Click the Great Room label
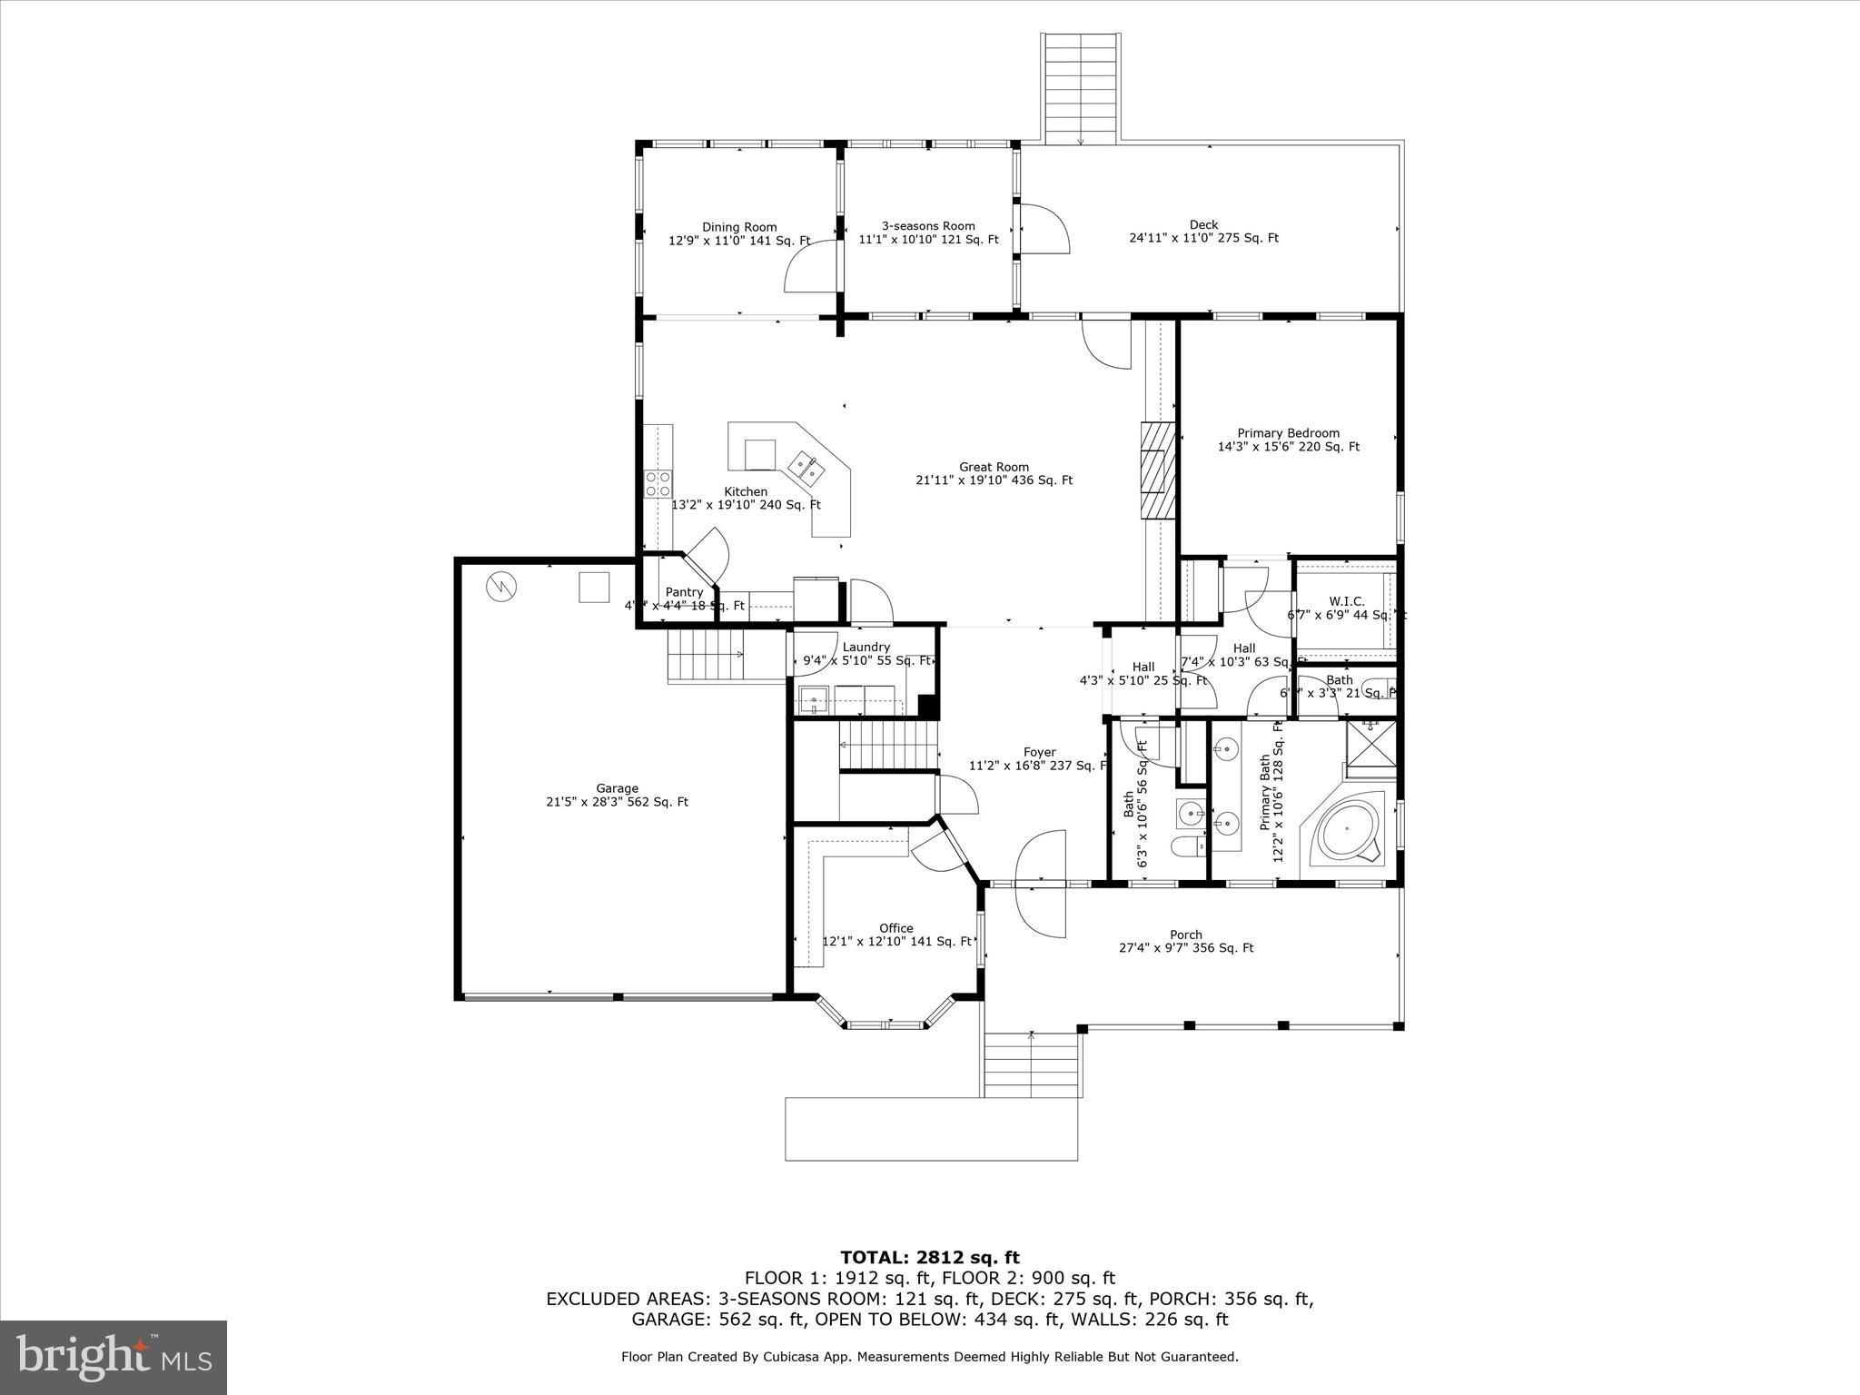click(x=994, y=468)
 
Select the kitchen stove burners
click(x=658, y=483)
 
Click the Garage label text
click(x=617, y=788)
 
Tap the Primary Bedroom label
click(x=1288, y=433)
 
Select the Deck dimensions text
click(x=1203, y=238)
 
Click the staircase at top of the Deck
click(x=1080, y=88)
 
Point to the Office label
click(x=895, y=928)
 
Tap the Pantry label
click(x=684, y=592)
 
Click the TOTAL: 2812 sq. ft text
click(x=929, y=1257)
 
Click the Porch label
click(x=1185, y=935)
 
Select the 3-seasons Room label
click(x=928, y=226)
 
